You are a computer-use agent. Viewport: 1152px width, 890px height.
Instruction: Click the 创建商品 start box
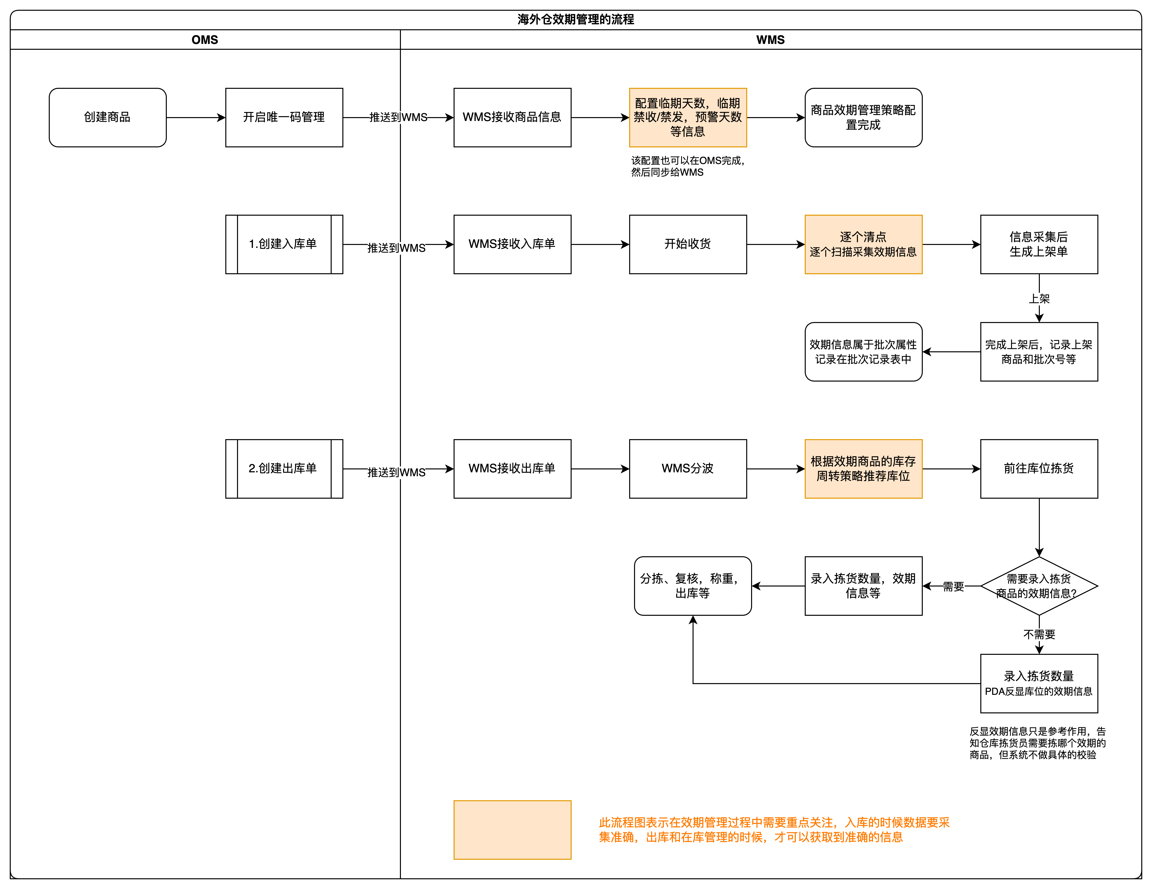[108, 117]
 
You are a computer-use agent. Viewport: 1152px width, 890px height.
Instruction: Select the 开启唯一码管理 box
[284, 117]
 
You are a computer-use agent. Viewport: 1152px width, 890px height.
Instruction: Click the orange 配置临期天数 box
[688, 117]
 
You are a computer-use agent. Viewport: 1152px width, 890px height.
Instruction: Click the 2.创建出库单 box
[284, 468]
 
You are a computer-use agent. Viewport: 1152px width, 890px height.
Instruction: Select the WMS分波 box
[688, 468]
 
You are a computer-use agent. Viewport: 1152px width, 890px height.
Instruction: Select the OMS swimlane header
[205, 40]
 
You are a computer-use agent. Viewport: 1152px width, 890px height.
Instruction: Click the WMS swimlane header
[770, 40]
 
